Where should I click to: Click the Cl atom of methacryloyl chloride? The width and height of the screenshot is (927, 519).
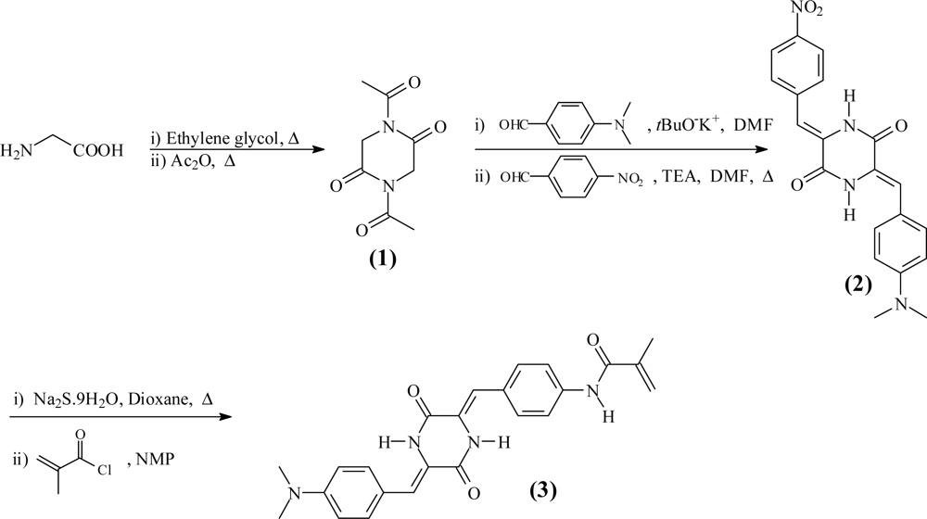[106, 469]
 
